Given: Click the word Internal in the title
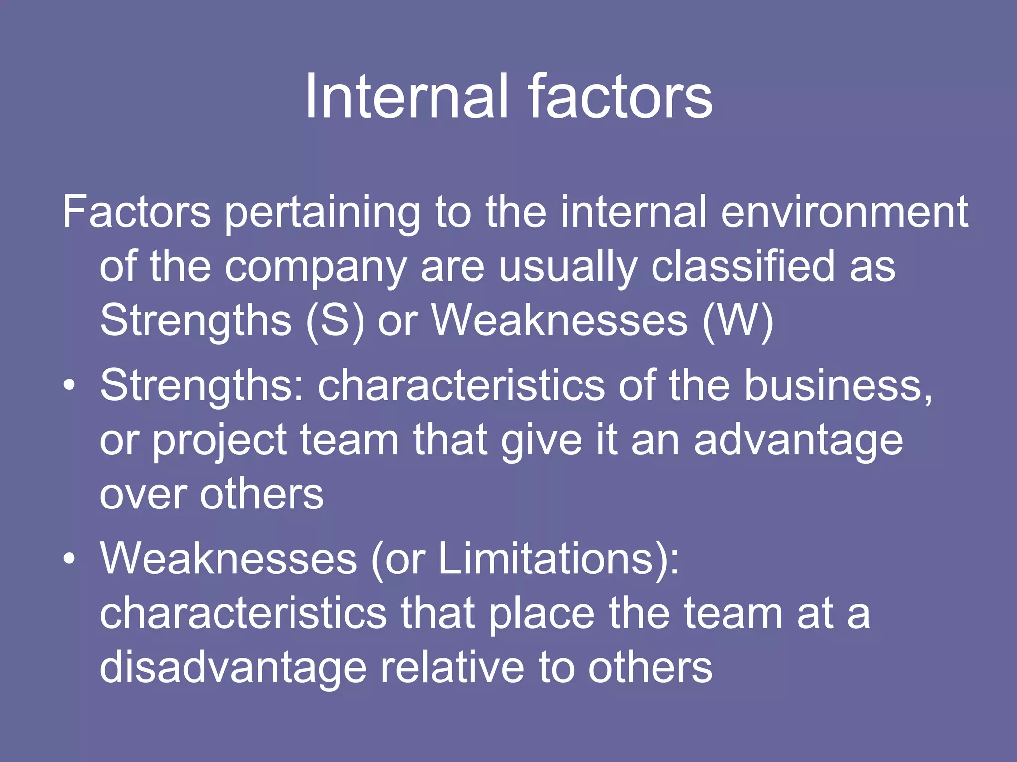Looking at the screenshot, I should (x=406, y=96).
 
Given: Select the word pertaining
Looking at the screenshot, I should (x=322, y=213).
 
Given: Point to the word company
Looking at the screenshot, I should (x=316, y=268).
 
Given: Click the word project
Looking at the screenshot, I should (x=219, y=441).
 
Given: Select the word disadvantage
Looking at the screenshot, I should (x=233, y=667).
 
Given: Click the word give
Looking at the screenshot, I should (x=541, y=441).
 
